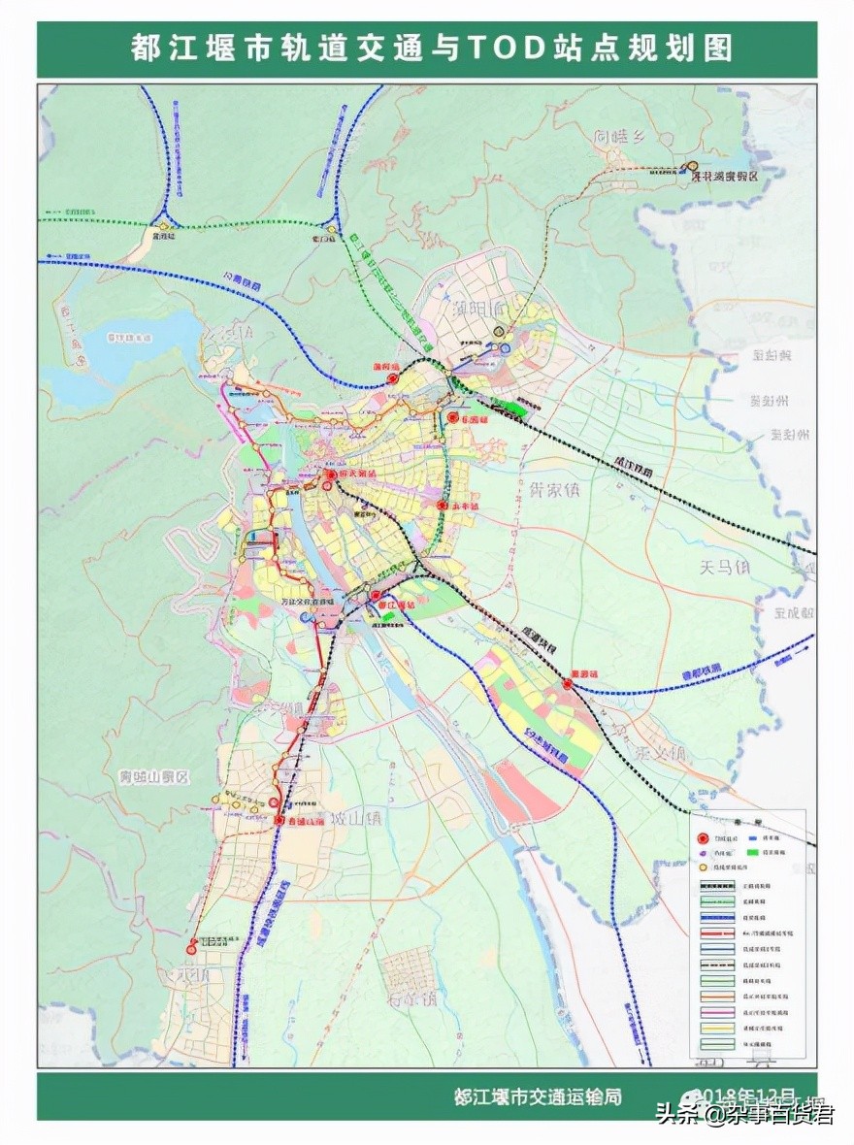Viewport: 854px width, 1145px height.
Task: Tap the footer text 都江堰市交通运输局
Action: (x=538, y=1096)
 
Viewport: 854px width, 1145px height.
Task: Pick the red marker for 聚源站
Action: (x=568, y=685)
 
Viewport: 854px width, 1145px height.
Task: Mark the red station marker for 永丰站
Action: (x=443, y=506)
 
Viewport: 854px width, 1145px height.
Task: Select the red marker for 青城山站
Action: (x=279, y=821)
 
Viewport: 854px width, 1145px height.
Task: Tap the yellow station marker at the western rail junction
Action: (x=164, y=227)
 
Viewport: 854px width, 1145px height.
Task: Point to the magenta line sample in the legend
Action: (x=720, y=1012)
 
